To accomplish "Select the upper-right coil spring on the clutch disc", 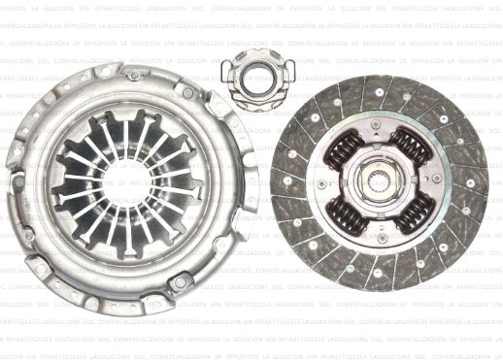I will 411,147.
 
